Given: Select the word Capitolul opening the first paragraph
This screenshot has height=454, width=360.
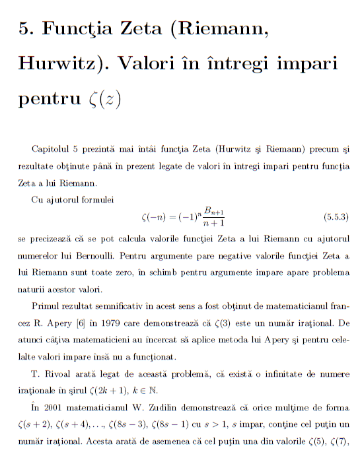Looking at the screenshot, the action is (x=52, y=150).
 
